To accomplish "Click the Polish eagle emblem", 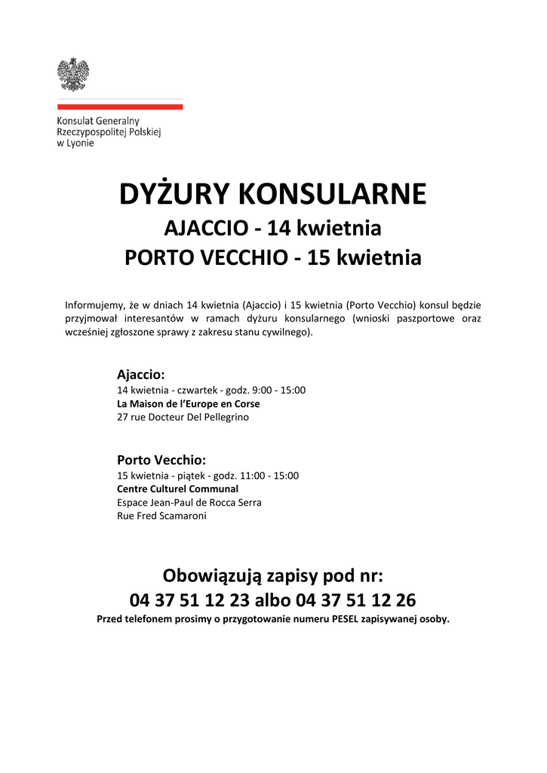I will pos(73,74).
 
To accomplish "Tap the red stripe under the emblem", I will pos(120,107).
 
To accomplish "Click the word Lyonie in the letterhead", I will pos(81,143).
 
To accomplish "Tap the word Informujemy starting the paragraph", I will pos(94,305).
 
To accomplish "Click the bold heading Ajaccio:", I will pos(140,374).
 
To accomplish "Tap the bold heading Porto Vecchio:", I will pos(161,460).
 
